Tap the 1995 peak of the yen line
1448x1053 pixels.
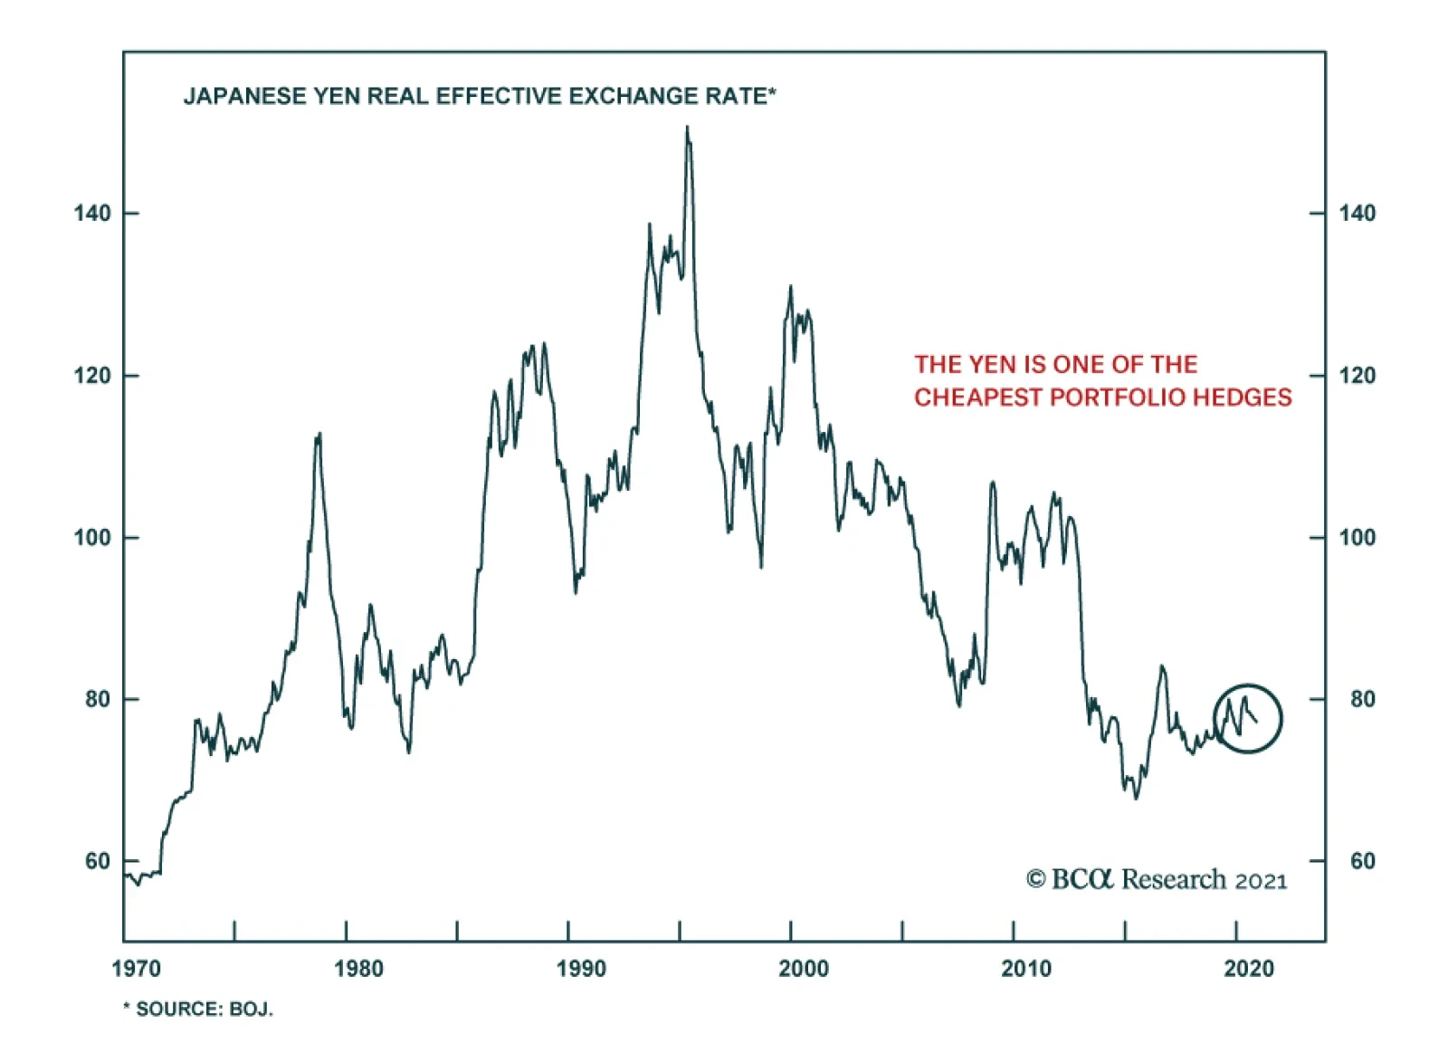pos(687,128)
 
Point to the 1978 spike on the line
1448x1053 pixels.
pos(319,436)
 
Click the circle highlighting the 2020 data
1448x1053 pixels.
pos(1248,718)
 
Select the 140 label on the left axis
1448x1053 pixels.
pos(92,214)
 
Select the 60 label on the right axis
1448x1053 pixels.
pos(1362,861)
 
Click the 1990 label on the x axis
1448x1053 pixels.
pos(580,969)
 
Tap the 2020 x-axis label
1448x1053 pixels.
pos(1248,969)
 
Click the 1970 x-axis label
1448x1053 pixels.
pos(136,969)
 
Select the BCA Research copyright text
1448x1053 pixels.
pos(1156,879)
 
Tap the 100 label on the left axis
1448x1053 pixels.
pos(92,538)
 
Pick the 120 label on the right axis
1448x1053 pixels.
pos(1356,376)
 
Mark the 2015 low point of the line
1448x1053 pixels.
pos(1136,798)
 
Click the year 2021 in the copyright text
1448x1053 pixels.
pos(1260,881)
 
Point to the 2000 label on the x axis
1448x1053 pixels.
pos(803,969)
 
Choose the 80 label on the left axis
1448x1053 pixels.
pos(98,700)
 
